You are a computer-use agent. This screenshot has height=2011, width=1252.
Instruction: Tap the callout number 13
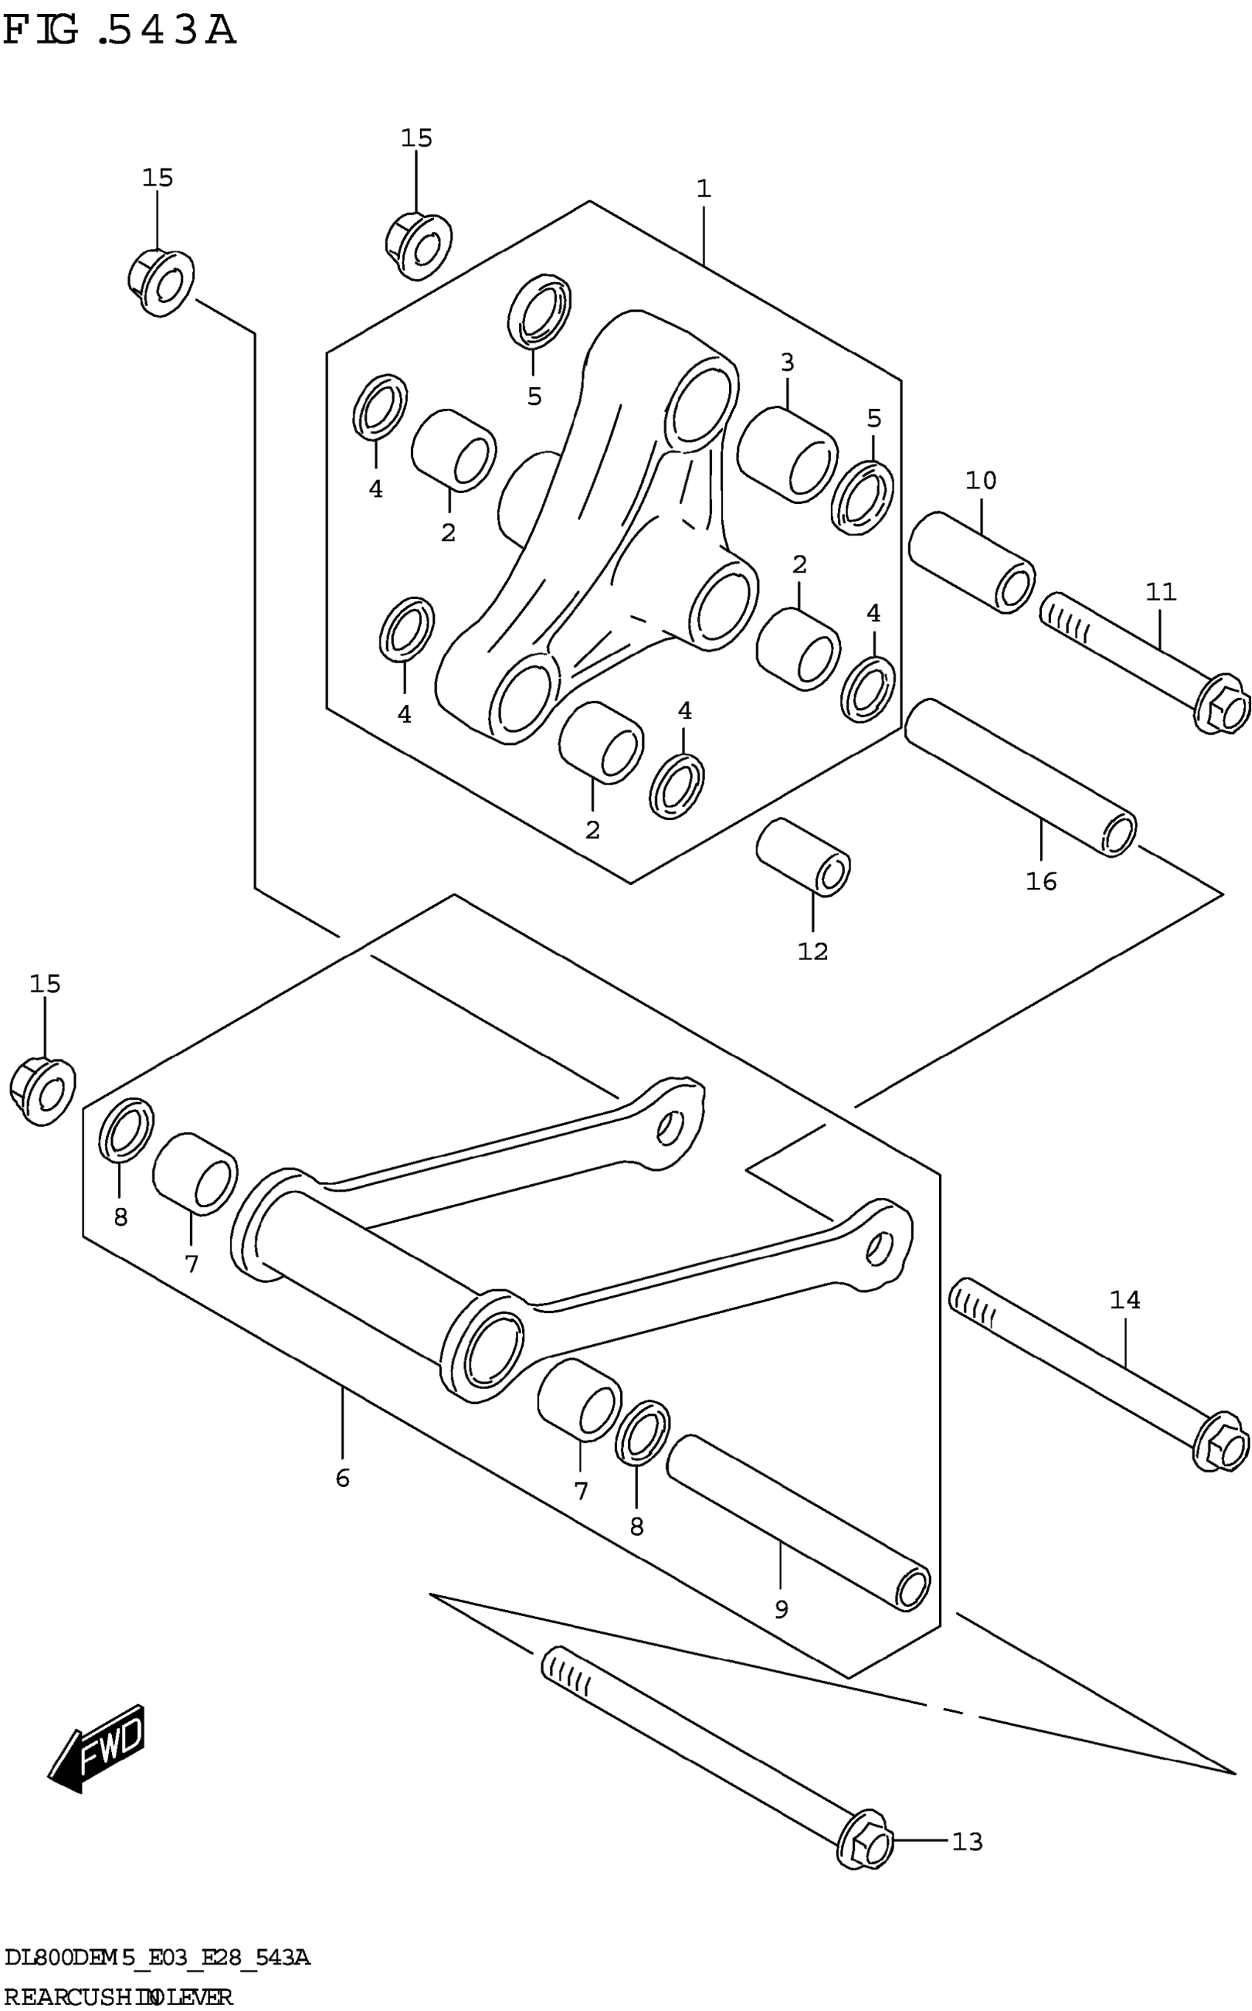[966, 1842]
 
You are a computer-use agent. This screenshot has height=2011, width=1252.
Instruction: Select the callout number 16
[1041, 882]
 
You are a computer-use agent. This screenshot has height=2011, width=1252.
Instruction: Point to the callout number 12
[812, 951]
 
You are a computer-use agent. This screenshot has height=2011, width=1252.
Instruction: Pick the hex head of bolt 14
[1221, 1445]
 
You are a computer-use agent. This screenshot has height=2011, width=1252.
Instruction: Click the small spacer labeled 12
[802, 856]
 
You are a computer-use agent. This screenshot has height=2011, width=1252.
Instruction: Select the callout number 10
[981, 480]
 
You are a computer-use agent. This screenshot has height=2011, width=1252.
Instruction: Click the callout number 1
[703, 189]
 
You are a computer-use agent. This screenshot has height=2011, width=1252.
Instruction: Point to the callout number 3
[787, 363]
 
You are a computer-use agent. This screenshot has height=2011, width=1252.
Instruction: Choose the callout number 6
[342, 1478]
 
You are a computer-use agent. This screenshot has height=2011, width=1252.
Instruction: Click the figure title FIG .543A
[120, 32]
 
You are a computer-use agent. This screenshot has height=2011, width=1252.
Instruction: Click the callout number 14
[1125, 1301]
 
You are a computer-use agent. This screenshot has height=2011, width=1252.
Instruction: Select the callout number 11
[1161, 592]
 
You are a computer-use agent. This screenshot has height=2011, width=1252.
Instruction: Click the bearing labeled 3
[786, 454]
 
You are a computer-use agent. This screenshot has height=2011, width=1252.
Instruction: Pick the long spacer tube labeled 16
[1020, 777]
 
